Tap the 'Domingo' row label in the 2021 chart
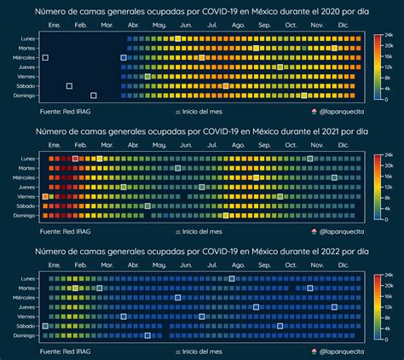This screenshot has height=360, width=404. (26, 216)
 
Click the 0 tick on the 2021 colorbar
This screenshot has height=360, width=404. (384, 218)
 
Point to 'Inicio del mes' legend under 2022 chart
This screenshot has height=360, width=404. (202, 350)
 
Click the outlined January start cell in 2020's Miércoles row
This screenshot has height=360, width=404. (45, 57)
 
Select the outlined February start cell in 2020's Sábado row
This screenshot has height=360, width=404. (69, 85)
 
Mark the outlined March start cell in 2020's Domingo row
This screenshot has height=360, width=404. (93, 95)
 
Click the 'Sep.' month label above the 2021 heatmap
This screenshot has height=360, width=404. (264, 148)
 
